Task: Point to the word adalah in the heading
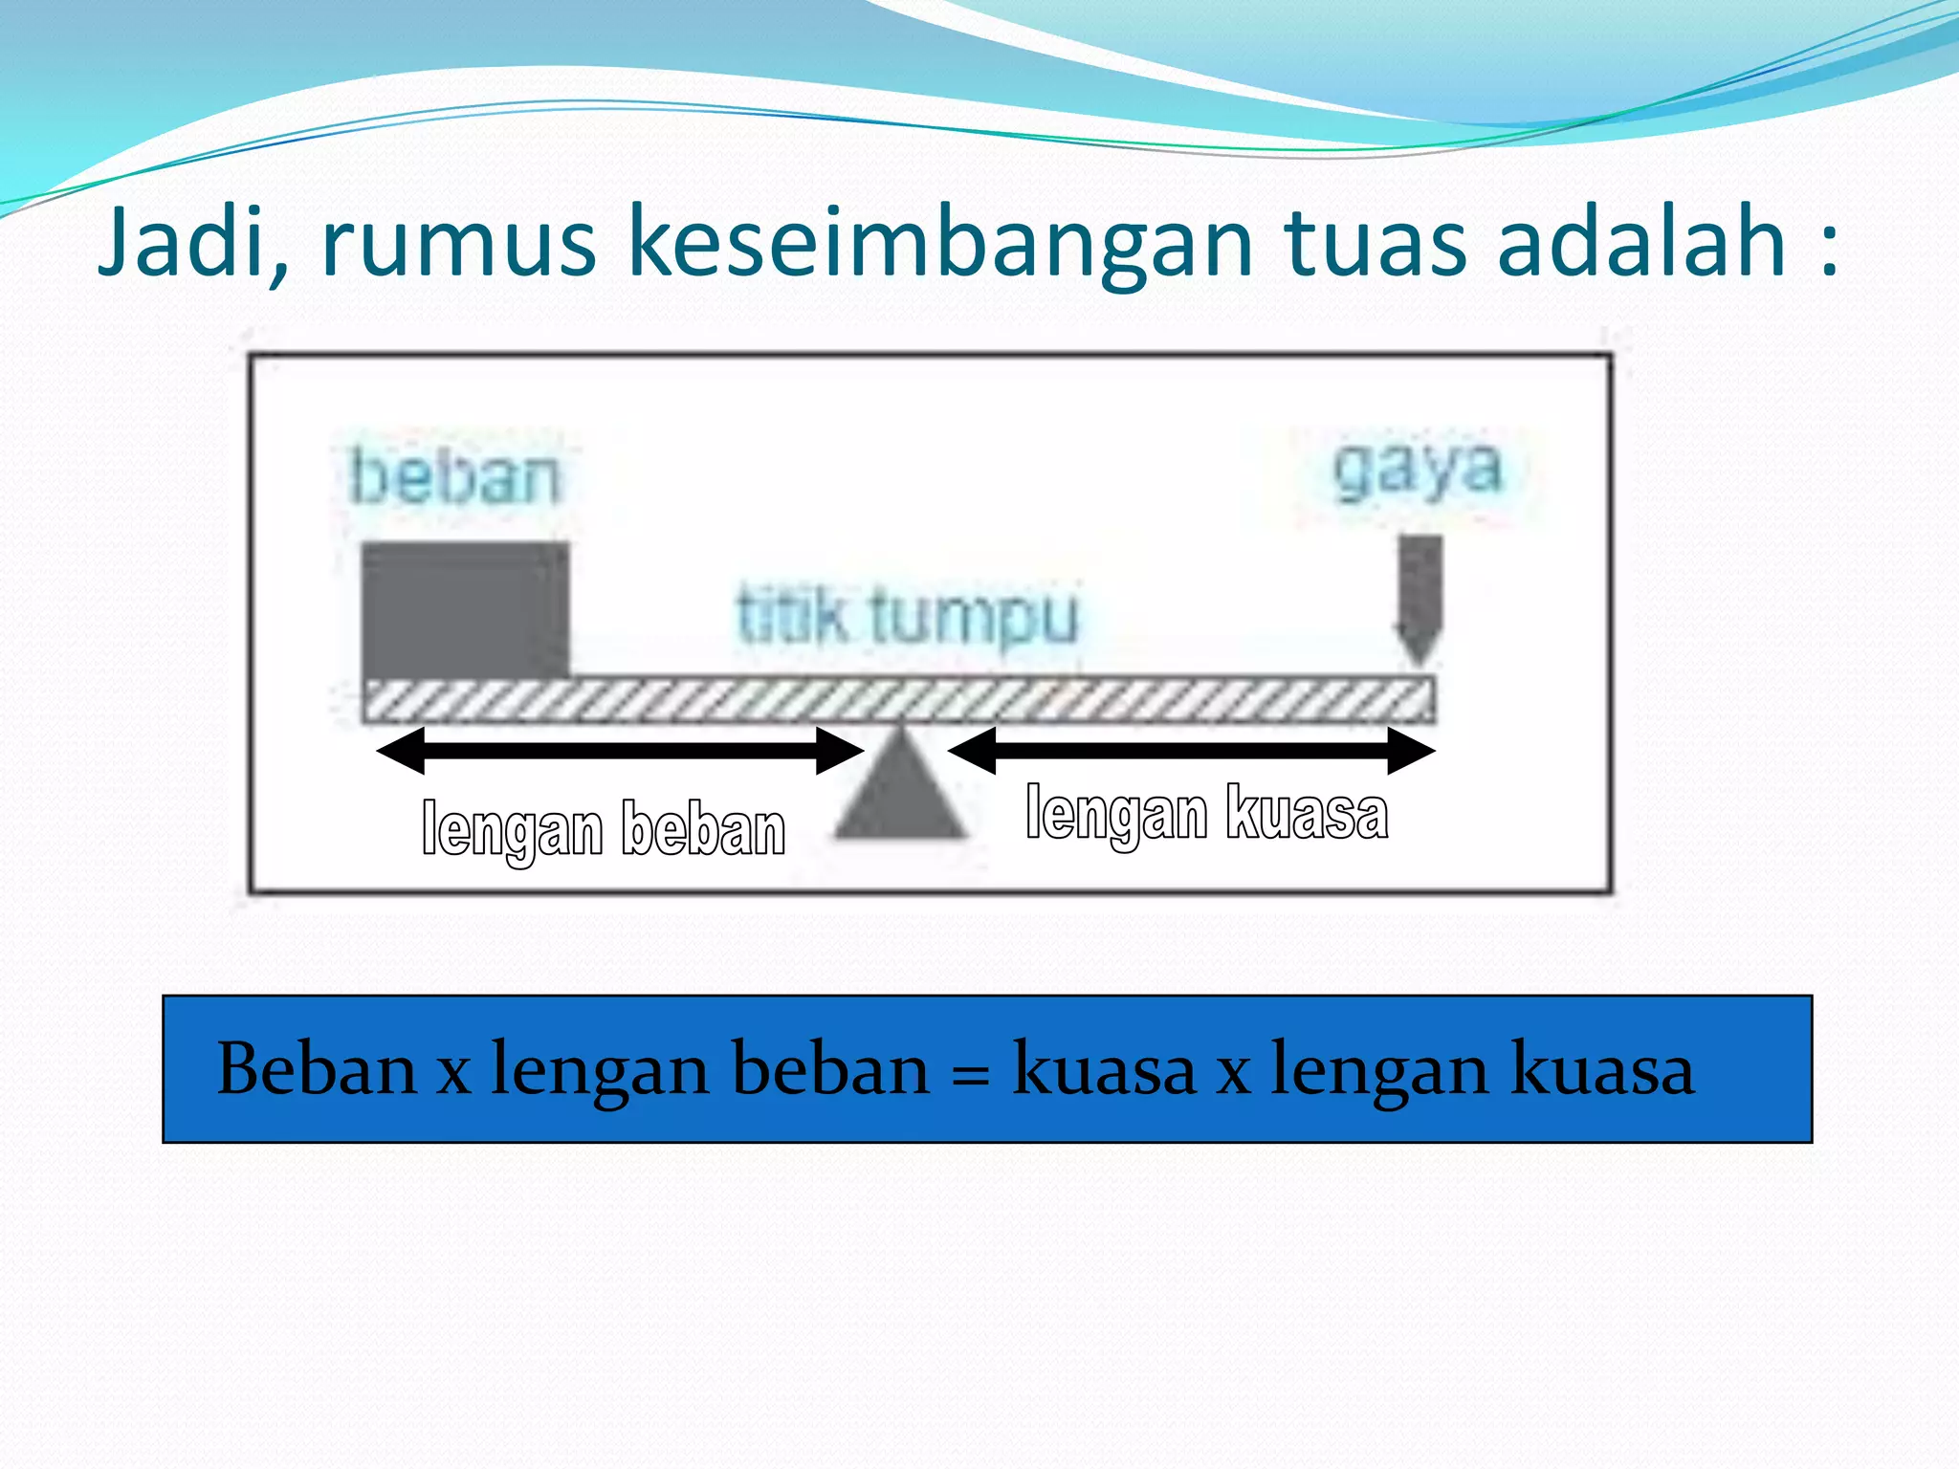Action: pyautogui.click(x=1640, y=241)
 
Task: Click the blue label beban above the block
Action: pyautogui.click(x=454, y=475)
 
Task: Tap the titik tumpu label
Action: pyautogui.click(x=907, y=617)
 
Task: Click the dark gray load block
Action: pyautogui.click(x=465, y=610)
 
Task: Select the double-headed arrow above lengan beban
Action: pyautogui.click(x=620, y=751)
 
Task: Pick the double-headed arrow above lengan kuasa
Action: pyautogui.click(x=1191, y=751)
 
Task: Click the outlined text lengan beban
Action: pyautogui.click(x=604, y=829)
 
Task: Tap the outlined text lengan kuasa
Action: pyautogui.click(x=1206, y=815)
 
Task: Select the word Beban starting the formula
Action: pyautogui.click(x=317, y=1068)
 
